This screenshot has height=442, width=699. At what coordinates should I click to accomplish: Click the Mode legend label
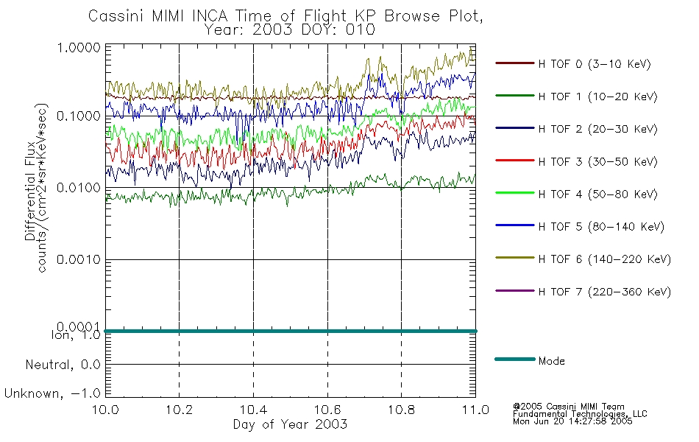[x=551, y=361]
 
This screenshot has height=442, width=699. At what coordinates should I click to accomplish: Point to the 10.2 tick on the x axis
[x=180, y=410]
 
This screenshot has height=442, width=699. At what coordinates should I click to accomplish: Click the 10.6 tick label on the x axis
[x=327, y=410]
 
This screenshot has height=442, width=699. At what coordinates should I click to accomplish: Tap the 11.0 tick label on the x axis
[x=475, y=410]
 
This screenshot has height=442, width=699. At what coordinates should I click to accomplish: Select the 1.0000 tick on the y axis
[x=79, y=48]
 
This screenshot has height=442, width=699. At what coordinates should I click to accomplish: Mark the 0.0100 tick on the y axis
[x=79, y=188]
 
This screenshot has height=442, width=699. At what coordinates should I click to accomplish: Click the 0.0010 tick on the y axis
[x=79, y=259]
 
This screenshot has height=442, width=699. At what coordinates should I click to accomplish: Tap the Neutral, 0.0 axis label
[x=63, y=365]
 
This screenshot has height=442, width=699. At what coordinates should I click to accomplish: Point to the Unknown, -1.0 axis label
[x=52, y=393]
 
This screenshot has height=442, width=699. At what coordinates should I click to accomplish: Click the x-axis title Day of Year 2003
[x=290, y=424]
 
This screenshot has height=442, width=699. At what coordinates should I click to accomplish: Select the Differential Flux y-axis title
[x=30, y=191]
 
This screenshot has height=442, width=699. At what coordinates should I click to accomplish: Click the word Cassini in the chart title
[x=116, y=16]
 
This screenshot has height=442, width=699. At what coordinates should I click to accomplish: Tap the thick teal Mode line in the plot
[x=291, y=331]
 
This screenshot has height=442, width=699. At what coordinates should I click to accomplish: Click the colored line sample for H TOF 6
[x=515, y=258]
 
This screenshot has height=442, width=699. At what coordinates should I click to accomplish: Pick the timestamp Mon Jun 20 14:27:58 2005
[x=572, y=421]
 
